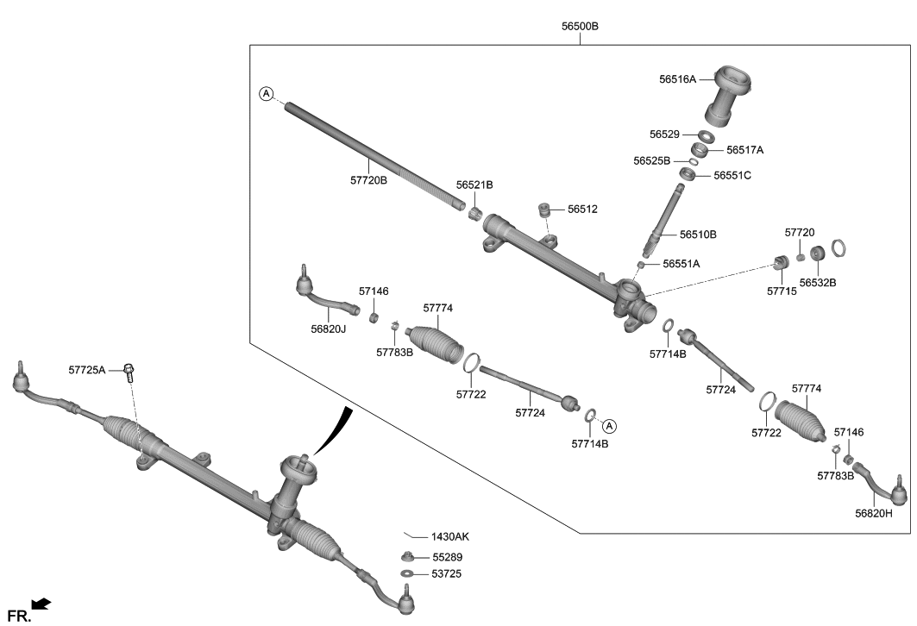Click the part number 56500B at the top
coord(580,27)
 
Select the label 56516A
coord(677,78)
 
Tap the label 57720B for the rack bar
coord(368,180)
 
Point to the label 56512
coord(582,210)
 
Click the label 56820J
coord(329,329)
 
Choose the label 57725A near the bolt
coord(86,370)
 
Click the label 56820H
coord(873,513)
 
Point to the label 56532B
coord(817,282)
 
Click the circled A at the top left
coord(267,93)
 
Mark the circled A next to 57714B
coord(608,425)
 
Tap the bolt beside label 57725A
coord(130,372)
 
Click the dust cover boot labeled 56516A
coord(730,95)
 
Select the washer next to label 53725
coord(407,573)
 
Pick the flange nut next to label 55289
coord(407,557)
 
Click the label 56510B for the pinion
coord(698,234)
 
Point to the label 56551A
coord(681,264)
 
